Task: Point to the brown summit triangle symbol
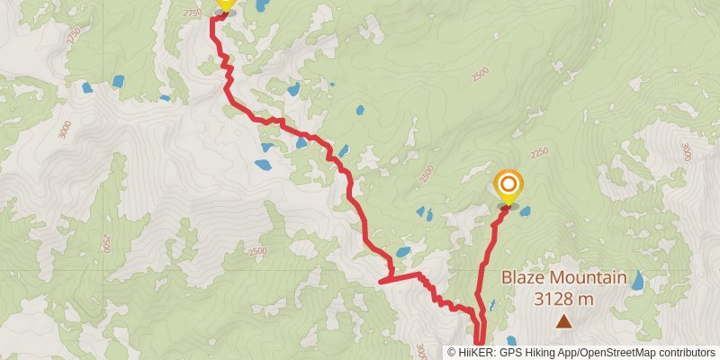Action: (x=563, y=320)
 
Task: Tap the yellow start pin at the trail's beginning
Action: (x=224, y=4)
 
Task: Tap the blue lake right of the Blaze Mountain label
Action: (x=638, y=280)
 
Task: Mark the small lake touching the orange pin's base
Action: (x=524, y=211)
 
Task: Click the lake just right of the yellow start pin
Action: (x=261, y=5)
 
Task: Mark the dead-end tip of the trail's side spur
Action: (x=382, y=282)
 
